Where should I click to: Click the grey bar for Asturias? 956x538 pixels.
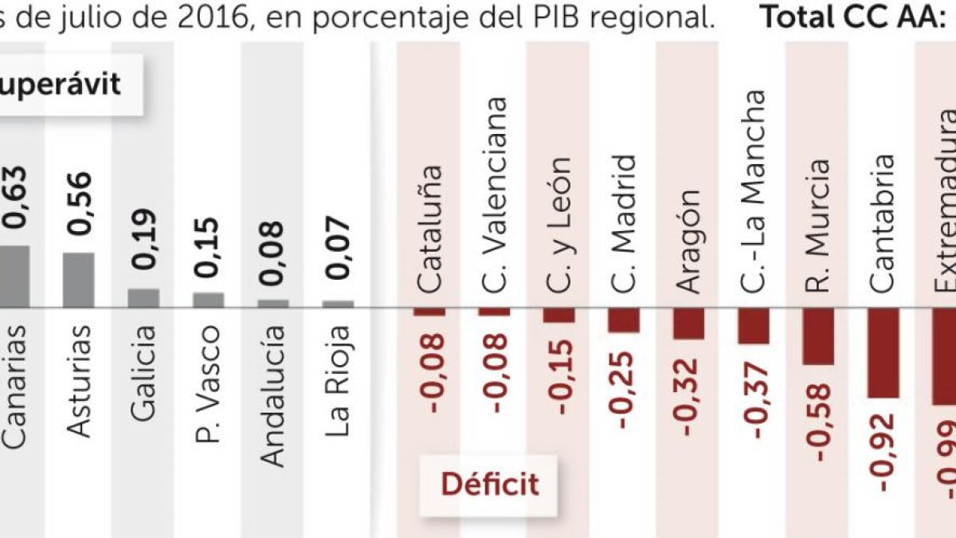tap(79, 279)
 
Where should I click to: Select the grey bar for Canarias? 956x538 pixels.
tap(14, 276)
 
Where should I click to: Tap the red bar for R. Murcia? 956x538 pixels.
tap(818, 336)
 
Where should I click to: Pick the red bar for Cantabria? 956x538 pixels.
tap(883, 352)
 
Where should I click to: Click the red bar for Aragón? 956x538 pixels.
tap(688, 323)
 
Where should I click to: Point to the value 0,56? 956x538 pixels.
tap(80, 202)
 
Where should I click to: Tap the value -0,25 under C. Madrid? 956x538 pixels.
tap(624, 391)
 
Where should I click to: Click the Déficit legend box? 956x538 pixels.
tap(490, 483)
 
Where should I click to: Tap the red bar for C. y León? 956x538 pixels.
tap(559, 315)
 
